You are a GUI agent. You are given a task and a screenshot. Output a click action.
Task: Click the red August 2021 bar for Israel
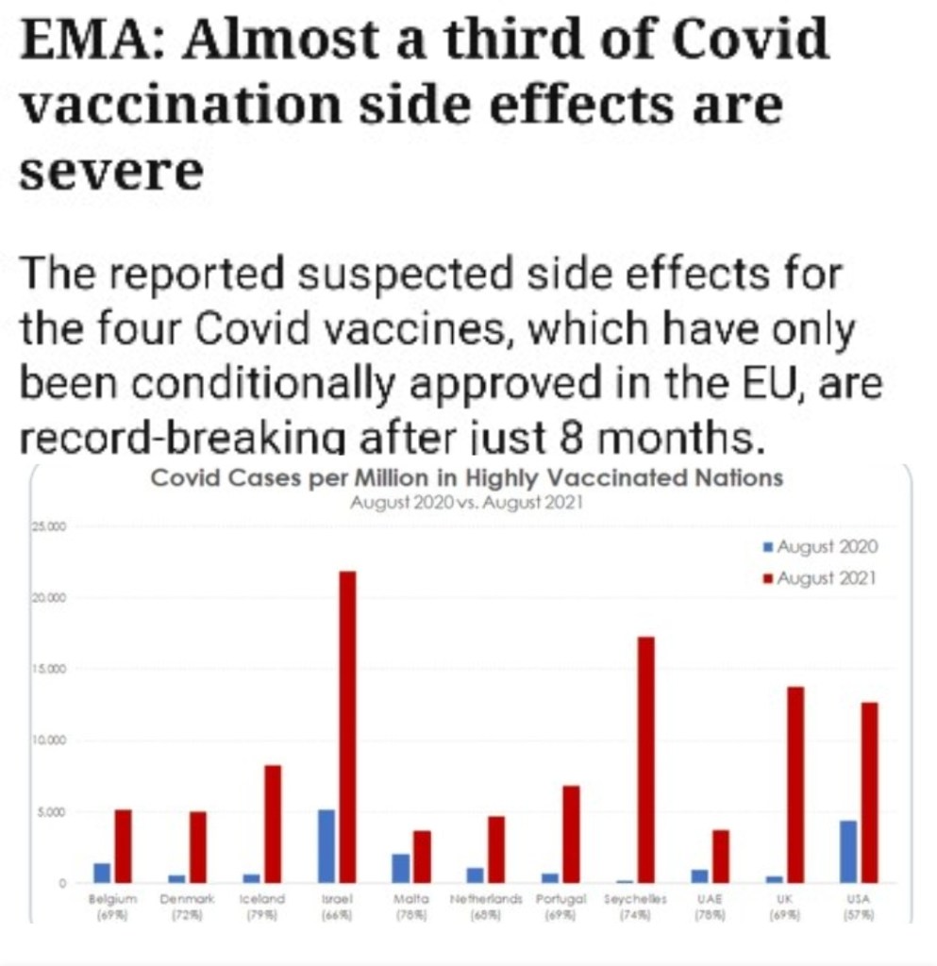pos(346,726)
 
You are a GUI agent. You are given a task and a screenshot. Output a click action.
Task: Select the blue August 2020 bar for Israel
pos(326,845)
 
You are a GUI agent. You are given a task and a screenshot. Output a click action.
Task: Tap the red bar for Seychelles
pos(645,759)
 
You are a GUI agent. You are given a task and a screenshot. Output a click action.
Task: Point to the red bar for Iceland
pos(273,823)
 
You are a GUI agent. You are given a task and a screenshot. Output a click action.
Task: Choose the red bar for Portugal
pos(571,834)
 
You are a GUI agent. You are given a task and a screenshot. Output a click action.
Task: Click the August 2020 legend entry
pos(820,547)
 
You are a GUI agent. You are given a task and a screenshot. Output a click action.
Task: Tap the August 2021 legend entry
pos(820,577)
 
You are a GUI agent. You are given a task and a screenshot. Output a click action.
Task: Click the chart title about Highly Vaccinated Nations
pos(467,478)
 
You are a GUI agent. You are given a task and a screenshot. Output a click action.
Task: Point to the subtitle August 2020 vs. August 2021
pos(466,503)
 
